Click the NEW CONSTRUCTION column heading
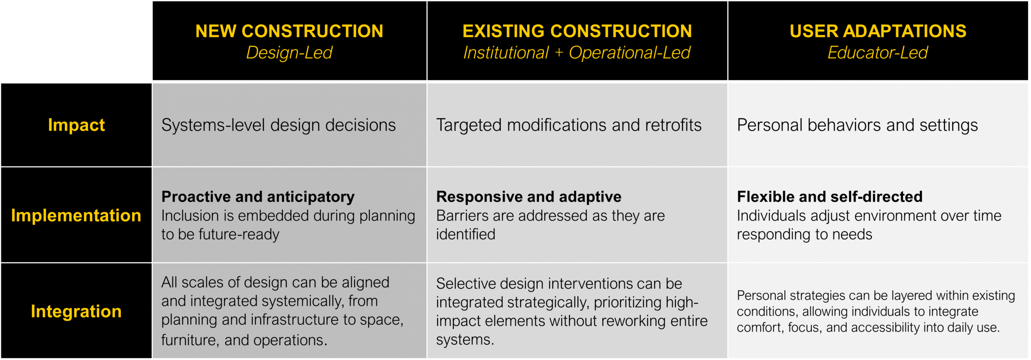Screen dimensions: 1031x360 [289, 31]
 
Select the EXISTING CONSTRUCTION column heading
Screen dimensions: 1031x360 [577, 31]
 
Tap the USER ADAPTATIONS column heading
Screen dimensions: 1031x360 [878, 31]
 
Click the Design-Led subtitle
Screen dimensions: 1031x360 [289, 53]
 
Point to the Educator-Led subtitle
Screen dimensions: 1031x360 [878, 53]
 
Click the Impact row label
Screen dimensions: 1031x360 [76, 125]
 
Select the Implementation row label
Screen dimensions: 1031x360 [76, 215]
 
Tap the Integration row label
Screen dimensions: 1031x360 [76, 311]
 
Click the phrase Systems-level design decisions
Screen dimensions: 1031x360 [279, 125]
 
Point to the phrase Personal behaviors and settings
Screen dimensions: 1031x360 [857, 125]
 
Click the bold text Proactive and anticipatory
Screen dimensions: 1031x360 [258, 197]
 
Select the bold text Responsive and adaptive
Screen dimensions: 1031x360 [529, 197]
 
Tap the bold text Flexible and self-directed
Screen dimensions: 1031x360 [830, 197]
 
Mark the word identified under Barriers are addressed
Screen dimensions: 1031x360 [466, 234]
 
